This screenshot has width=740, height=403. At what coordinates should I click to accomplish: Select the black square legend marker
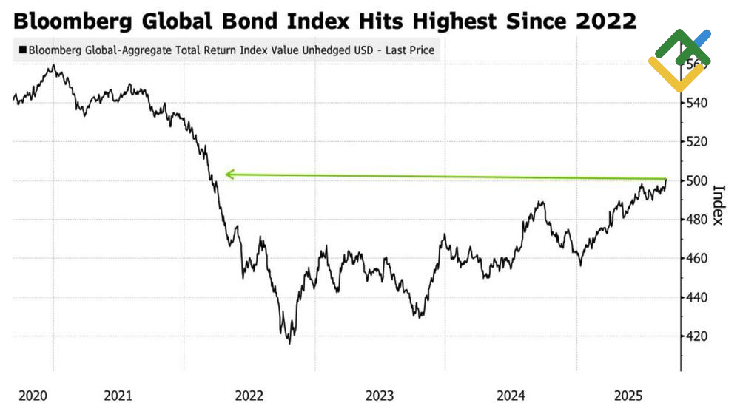22,50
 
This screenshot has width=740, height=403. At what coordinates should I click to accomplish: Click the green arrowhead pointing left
230,175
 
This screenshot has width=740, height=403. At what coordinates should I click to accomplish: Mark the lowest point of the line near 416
289,343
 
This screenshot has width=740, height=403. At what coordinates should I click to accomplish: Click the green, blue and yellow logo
679,59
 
